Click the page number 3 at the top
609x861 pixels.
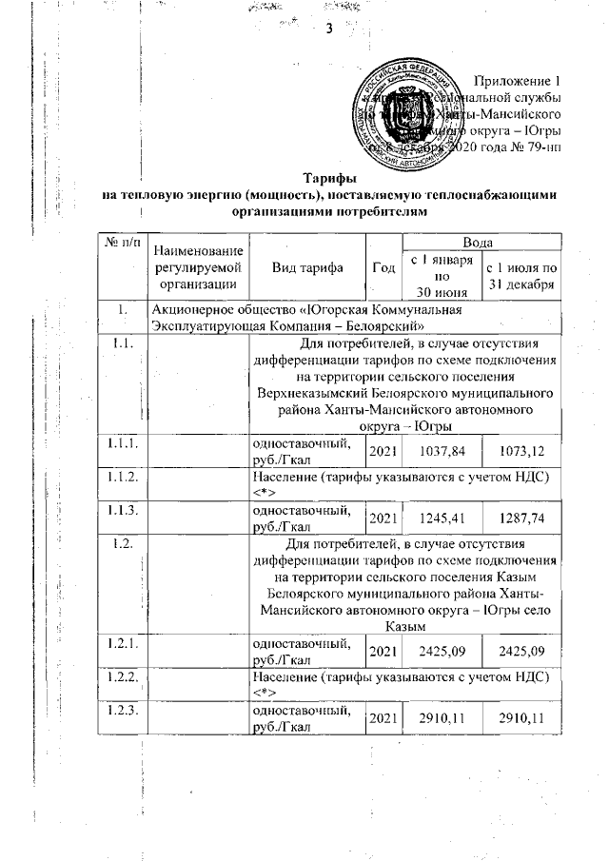pos(329,28)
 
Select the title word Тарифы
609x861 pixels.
pos(329,178)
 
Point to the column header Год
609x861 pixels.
pos(383,267)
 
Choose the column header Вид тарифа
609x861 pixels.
pos(305,267)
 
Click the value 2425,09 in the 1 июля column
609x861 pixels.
pos(522,656)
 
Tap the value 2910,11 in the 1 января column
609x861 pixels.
pos(440,729)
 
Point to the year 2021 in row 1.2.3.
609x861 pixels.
pos(383,729)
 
